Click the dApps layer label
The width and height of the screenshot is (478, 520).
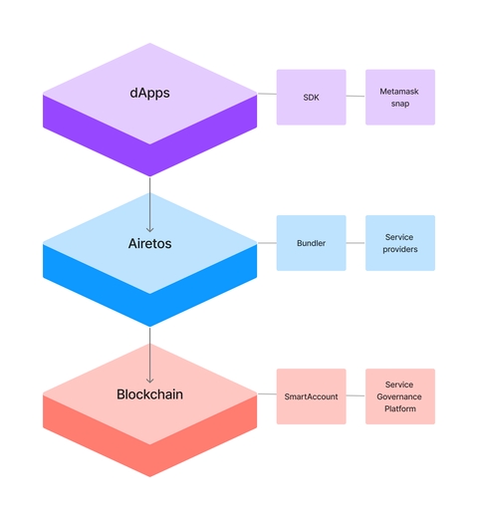[x=149, y=94]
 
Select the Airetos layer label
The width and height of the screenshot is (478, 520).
[x=149, y=243]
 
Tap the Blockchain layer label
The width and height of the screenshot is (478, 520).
[x=149, y=394]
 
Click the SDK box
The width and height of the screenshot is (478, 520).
[x=311, y=97]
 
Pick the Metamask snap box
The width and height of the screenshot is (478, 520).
[x=399, y=97]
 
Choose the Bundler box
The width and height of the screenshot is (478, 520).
[x=311, y=243]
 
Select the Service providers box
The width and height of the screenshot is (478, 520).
[x=399, y=243]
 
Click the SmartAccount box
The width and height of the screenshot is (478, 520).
[x=311, y=396]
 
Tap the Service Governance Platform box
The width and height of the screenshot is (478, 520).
[x=399, y=396]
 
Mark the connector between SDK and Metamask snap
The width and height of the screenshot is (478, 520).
[x=356, y=97]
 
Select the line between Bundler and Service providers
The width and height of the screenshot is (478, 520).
[x=356, y=243]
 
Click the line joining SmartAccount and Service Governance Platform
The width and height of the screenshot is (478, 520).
[x=356, y=396]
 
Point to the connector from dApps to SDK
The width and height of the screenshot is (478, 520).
[x=266, y=96]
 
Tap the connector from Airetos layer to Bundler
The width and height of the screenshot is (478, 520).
[x=266, y=243]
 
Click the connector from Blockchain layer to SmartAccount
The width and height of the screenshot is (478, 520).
[x=266, y=395]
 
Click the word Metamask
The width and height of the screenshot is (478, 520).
[x=399, y=91]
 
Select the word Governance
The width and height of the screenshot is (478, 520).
[x=399, y=396]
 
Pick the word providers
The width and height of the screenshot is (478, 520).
[x=399, y=249]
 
